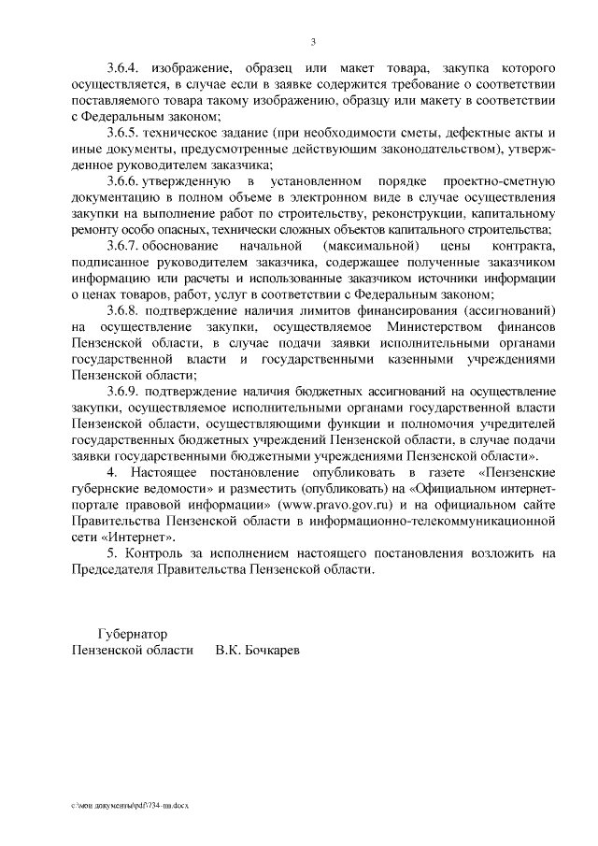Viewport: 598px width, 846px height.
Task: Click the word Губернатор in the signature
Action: click(132, 634)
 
